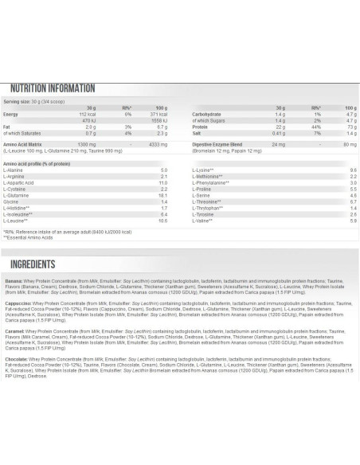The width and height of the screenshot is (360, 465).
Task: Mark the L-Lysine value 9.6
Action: (x=351, y=170)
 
